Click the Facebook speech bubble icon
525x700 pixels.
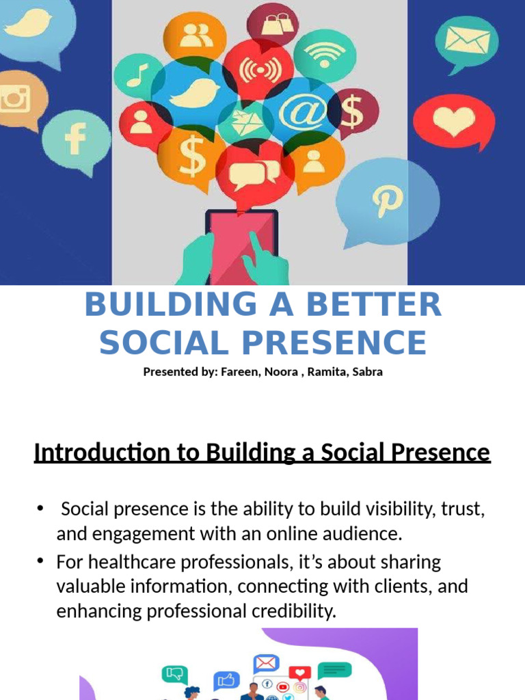pos(75,141)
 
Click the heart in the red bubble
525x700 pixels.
pos(454,122)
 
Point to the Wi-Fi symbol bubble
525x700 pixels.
pos(325,53)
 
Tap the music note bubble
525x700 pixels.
pos(138,74)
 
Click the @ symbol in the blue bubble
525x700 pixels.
pos(302,113)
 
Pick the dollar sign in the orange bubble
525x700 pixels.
pos(192,154)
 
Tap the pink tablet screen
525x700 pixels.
pos(241,246)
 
